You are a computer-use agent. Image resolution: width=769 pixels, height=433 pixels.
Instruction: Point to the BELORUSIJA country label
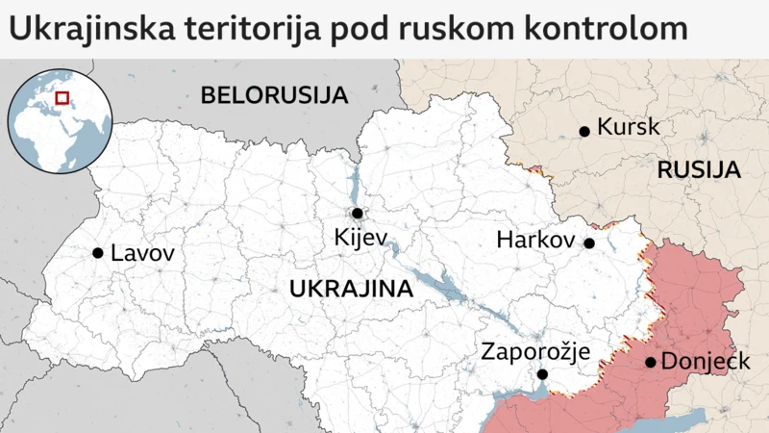tap(273, 94)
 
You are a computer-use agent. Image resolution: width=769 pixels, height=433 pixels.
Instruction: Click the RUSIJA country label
tap(699, 170)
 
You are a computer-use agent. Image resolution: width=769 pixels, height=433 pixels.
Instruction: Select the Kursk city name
tap(629, 127)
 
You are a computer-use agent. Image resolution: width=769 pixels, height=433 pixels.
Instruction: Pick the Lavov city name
tap(143, 254)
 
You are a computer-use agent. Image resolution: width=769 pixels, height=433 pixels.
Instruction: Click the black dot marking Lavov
tap(98, 253)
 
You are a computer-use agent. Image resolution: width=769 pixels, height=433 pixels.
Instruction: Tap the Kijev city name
tap(359, 237)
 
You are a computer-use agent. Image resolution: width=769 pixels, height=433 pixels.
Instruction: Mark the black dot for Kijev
tap(357, 214)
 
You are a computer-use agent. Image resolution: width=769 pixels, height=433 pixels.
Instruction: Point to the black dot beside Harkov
tap(589, 243)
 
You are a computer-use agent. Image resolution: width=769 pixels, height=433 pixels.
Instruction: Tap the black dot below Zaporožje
tap(542, 374)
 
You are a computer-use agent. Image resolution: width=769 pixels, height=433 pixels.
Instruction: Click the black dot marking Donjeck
tap(651, 363)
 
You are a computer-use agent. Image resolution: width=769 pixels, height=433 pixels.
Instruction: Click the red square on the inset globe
tap(62, 96)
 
